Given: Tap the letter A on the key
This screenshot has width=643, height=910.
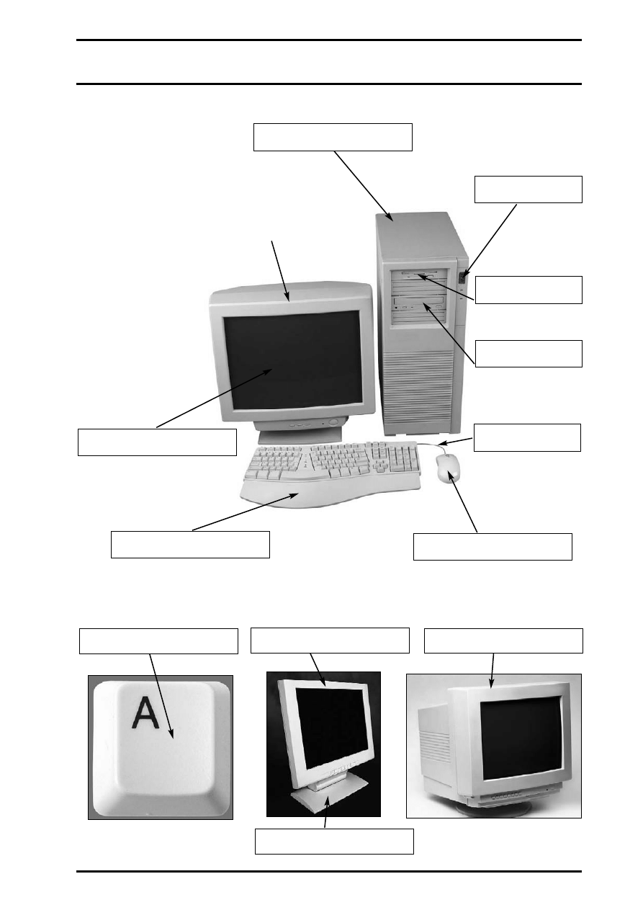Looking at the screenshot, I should tap(146, 713).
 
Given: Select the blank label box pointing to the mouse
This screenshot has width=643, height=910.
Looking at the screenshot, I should tap(493, 546).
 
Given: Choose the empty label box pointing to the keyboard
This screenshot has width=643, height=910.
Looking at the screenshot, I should tap(190, 544).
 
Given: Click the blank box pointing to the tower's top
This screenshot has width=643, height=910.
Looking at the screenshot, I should tap(333, 137).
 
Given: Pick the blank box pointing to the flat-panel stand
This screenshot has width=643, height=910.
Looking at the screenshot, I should tap(334, 841).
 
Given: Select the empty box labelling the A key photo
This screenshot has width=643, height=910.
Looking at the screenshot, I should tap(158, 641).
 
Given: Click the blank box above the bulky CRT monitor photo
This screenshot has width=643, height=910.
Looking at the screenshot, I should tap(503, 641).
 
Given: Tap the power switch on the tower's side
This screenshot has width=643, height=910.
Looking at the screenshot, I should tap(462, 275).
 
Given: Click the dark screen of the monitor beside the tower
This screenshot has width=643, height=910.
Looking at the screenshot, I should tap(292, 360).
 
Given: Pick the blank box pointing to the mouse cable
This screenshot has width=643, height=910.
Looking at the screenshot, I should tap(527, 437).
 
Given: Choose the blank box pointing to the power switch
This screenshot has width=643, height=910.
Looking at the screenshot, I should tap(528, 189).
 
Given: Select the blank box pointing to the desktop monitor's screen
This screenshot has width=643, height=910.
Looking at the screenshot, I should tap(157, 442).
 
